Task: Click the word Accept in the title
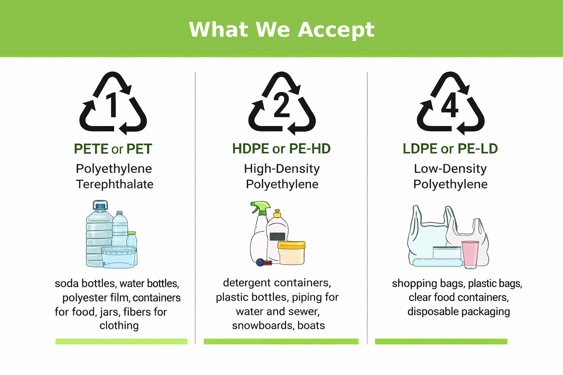(336, 30)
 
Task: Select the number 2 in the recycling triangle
(281, 105)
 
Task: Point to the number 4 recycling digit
(450, 105)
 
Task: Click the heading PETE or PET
(113, 149)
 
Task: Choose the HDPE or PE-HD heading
(281, 149)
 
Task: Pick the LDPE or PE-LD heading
(450, 149)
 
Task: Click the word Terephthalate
(114, 184)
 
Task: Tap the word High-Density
(281, 168)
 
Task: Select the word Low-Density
(450, 168)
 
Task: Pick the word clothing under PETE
(119, 326)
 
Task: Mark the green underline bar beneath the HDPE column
(281, 341)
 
